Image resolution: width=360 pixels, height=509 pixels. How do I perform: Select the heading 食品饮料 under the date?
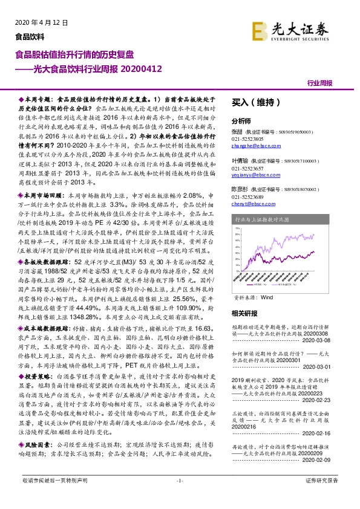(30, 36)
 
